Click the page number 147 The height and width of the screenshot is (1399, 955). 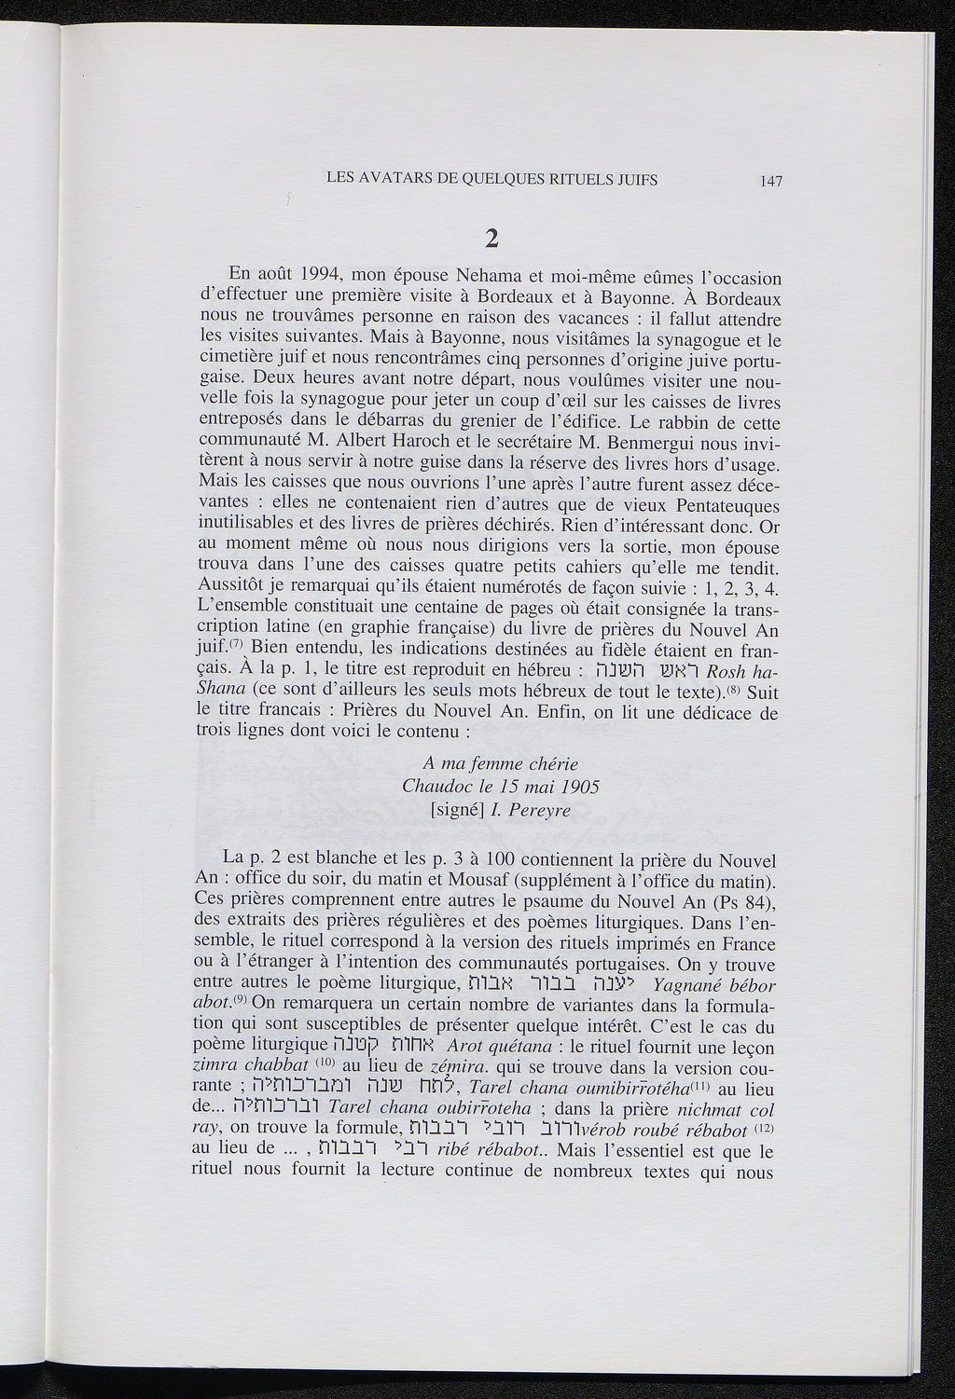[x=769, y=182]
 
